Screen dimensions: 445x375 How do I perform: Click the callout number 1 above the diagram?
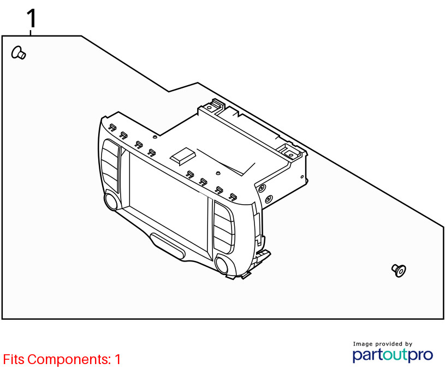32,18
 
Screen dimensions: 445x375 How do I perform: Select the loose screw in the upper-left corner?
19,53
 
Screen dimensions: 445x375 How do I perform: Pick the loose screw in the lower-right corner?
399,271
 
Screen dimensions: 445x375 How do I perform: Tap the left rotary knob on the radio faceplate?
111,201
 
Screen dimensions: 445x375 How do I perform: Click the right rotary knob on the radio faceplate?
222,265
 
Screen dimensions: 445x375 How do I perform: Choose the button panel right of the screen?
224,227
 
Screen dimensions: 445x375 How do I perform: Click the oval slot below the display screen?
168,246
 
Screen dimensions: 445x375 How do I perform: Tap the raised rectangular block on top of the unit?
183,156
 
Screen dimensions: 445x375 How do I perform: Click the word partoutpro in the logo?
393,355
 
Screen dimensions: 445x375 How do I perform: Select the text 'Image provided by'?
383,344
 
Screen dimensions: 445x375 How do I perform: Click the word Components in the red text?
69,359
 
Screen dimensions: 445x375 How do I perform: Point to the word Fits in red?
14,359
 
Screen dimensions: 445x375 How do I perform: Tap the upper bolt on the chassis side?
262,188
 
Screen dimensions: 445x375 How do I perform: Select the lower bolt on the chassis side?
269,199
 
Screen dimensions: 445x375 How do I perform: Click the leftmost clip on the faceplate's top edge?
112,128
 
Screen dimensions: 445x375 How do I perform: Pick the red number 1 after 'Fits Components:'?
117,359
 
